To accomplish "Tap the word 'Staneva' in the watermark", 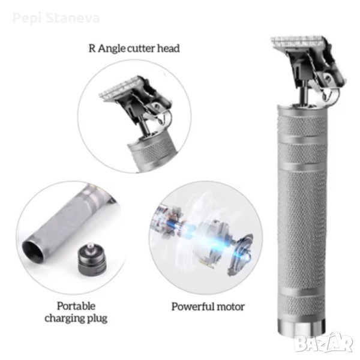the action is tap(73, 18).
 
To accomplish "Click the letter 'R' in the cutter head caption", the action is tap(92, 49).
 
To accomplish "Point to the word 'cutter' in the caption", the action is tap(141, 49).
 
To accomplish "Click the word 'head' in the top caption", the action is tap(168, 49).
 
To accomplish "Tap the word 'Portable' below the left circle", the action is tap(76, 306).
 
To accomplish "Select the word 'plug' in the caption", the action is tap(98, 319).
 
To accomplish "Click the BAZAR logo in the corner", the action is tap(324, 343).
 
